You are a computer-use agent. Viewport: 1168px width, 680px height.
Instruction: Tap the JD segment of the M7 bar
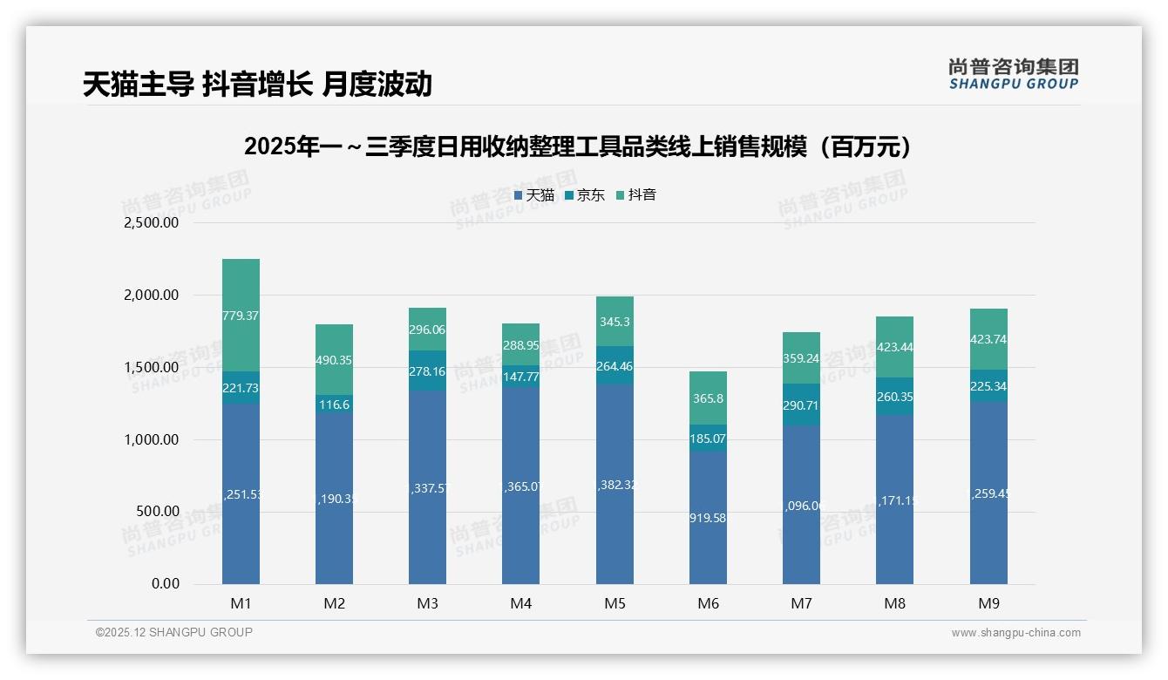801,405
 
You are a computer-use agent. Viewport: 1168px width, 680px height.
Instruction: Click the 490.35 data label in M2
334,360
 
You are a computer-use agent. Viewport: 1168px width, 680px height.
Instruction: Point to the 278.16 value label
427,371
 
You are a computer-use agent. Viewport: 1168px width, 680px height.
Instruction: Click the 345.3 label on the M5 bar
615,322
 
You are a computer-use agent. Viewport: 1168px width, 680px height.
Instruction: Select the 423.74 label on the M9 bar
988,340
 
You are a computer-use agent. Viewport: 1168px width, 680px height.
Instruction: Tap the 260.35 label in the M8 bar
894,398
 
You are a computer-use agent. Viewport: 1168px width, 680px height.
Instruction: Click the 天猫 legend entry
534,195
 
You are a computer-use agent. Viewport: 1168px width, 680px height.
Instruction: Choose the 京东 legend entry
585,195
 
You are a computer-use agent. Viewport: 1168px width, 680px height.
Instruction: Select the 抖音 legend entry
636,195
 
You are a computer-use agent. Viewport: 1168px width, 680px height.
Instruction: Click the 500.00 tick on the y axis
157,512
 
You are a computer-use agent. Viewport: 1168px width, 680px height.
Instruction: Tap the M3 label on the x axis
427,603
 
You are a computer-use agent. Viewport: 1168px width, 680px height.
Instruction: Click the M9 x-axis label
988,603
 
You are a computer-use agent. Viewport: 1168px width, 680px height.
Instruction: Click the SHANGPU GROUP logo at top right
1013,74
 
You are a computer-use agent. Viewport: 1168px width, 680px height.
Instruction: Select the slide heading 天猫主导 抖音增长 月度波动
257,85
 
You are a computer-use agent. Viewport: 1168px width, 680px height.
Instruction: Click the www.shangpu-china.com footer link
1015,633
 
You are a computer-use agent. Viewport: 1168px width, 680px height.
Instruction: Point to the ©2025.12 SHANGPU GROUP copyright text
174,633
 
